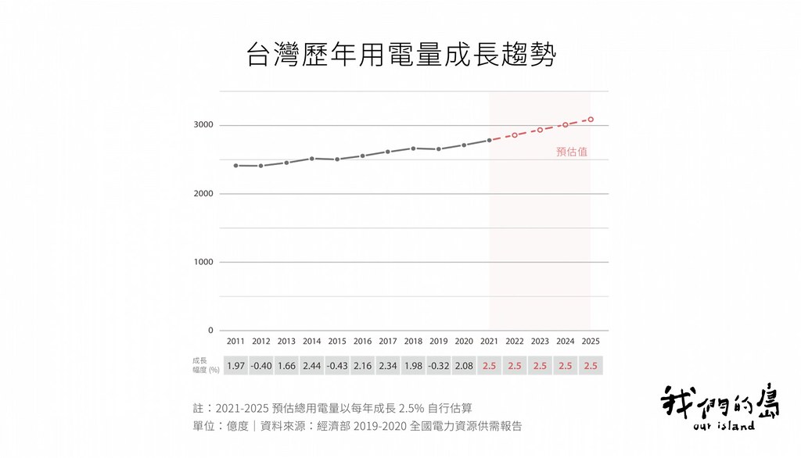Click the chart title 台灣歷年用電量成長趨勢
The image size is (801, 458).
[x=401, y=55]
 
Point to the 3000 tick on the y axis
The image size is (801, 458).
[x=203, y=124]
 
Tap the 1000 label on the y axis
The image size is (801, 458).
[x=203, y=262]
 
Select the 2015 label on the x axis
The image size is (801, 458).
[x=337, y=341]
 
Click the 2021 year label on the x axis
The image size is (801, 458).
[x=490, y=341]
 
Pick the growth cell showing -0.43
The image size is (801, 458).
[x=337, y=366]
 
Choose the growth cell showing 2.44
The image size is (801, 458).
[x=311, y=366]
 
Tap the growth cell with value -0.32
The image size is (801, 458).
[x=439, y=366]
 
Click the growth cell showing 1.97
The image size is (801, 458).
[x=235, y=366]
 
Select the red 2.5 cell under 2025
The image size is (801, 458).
[x=591, y=366]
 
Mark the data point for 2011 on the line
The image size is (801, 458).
[x=235, y=166]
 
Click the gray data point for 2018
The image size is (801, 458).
[x=413, y=148]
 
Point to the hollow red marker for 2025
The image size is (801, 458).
[x=591, y=120]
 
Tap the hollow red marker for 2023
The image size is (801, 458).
[x=540, y=130]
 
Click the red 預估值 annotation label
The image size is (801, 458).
[x=572, y=152]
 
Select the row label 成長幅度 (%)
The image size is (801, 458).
[x=206, y=365]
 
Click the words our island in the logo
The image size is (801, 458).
[x=724, y=426]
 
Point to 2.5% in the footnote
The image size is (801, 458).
[x=411, y=409]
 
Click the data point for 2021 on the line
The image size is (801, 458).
[x=490, y=140]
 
